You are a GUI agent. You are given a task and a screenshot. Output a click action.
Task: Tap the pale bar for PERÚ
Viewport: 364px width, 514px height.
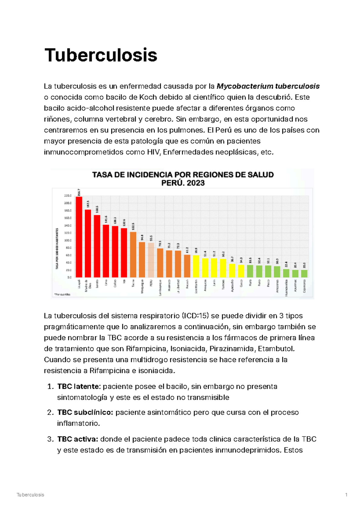click(151, 260)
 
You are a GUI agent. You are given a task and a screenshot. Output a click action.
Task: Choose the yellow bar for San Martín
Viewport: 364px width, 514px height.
click(196, 266)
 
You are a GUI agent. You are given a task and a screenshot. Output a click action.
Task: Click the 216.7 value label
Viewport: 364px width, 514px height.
click(79, 193)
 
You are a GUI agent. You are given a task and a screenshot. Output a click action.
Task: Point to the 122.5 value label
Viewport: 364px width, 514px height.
click(133, 227)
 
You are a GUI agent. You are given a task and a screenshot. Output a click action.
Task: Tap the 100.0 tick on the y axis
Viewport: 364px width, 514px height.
click(68, 240)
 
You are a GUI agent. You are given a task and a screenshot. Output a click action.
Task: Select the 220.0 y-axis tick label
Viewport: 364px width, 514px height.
click(68, 196)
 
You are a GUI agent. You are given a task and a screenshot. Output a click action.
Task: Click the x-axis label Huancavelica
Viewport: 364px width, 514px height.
click(286, 288)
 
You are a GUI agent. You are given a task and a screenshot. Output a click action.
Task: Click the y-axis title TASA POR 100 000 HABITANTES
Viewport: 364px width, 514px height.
click(57, 249)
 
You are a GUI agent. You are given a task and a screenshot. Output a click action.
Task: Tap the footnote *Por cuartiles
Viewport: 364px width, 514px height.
click(62, 294)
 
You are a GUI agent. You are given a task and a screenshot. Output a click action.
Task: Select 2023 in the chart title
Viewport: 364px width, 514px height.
click(196, 183)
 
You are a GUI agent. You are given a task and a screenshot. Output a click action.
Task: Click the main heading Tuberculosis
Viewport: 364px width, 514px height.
click(101, 55)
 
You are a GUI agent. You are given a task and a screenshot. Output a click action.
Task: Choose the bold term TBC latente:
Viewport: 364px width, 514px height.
click(79, 386)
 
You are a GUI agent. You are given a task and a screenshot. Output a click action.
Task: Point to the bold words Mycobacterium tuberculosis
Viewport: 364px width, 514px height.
click(268, 86)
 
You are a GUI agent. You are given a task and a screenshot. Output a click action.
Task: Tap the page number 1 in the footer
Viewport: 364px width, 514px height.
click(346, 495)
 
